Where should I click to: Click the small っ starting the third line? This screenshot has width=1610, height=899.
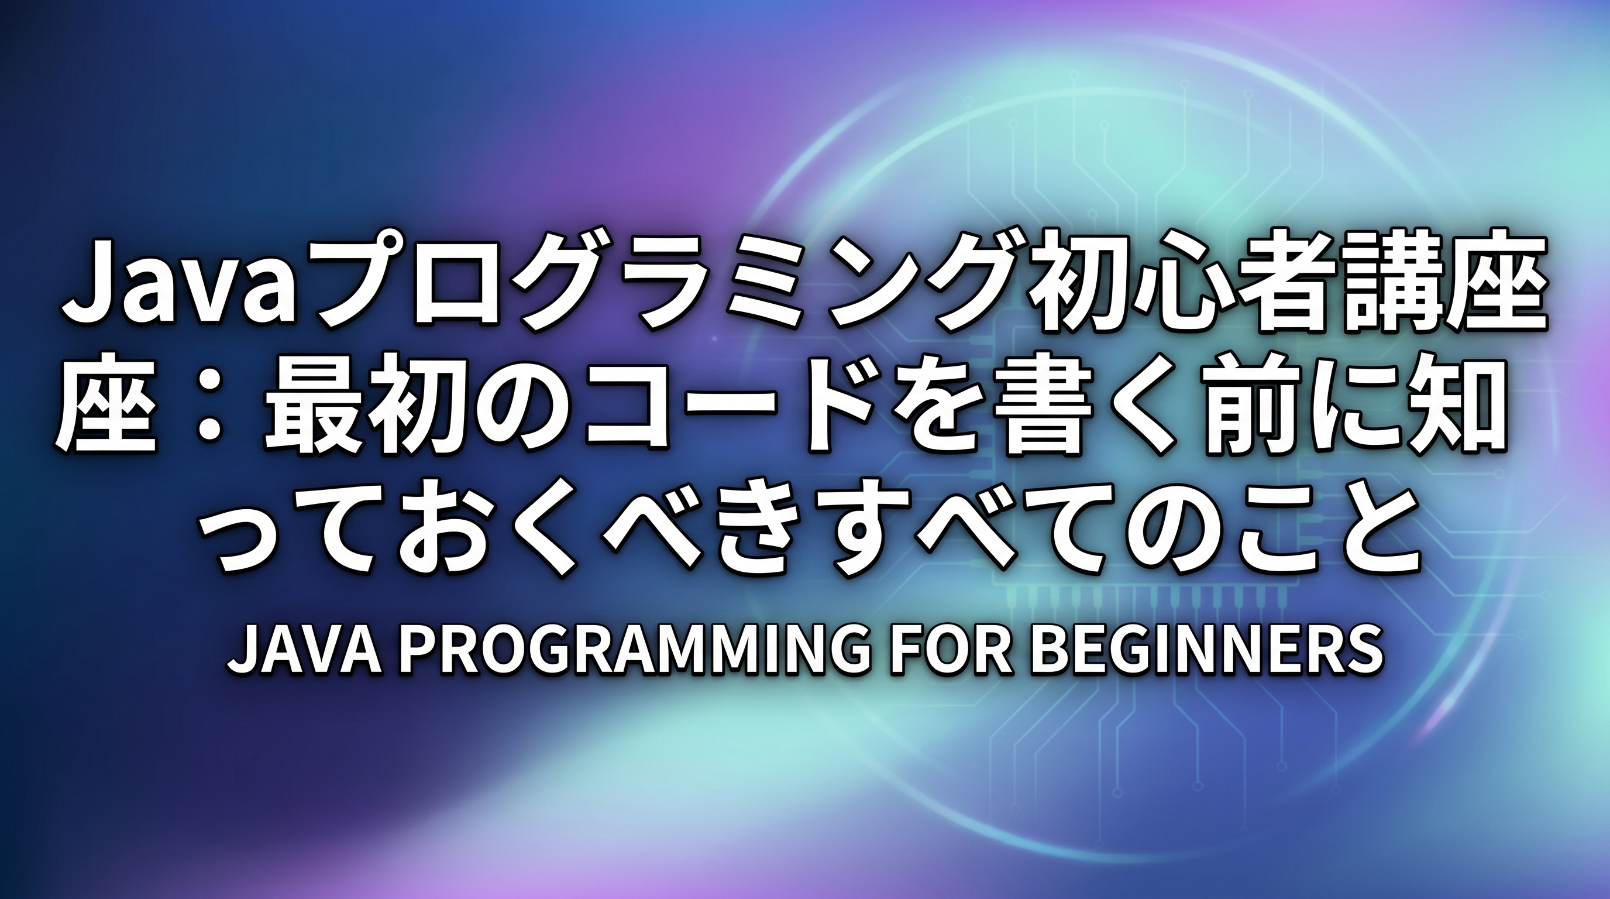244,531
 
